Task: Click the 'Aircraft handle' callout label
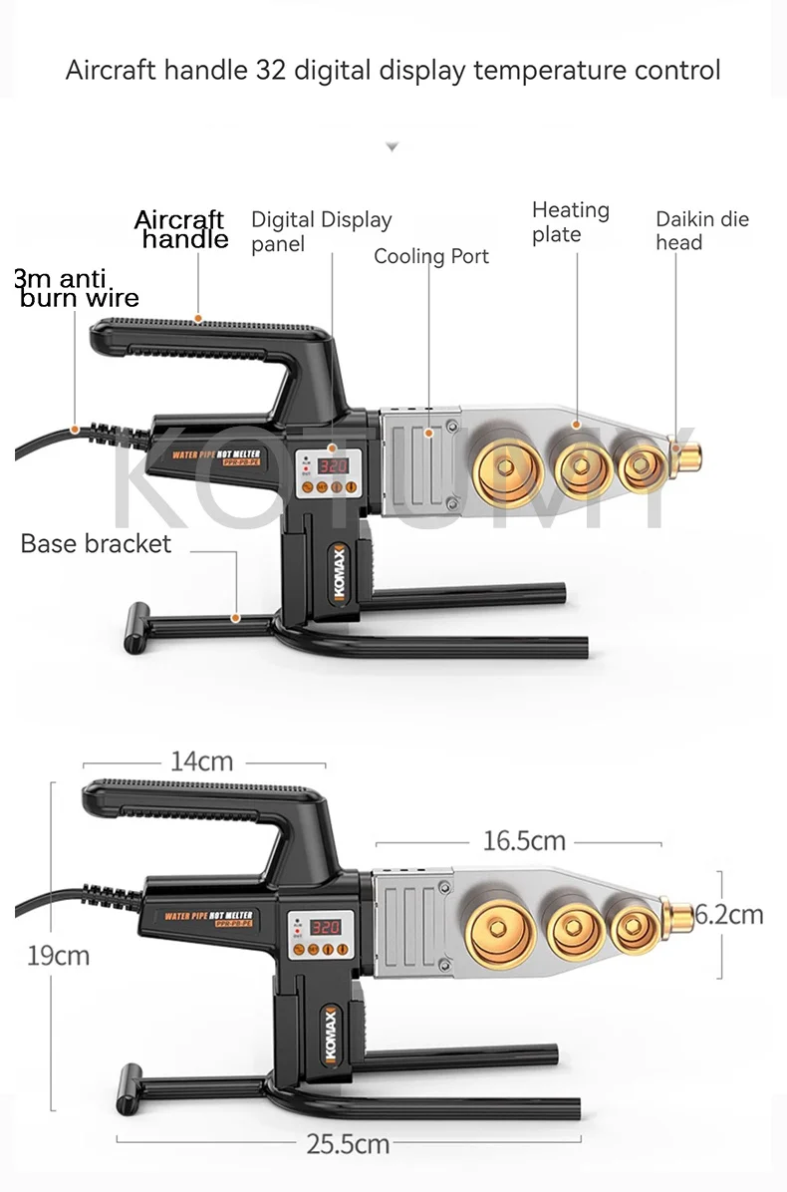180,229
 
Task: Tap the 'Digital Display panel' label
321,231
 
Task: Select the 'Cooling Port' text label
431,256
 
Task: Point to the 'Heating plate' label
570,222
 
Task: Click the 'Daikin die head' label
701,230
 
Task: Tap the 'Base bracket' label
96,543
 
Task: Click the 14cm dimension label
201,761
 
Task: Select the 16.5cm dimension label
524,841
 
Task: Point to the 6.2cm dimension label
730,914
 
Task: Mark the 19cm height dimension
58,955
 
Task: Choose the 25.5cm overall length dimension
347,1144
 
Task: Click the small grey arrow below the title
393,147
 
